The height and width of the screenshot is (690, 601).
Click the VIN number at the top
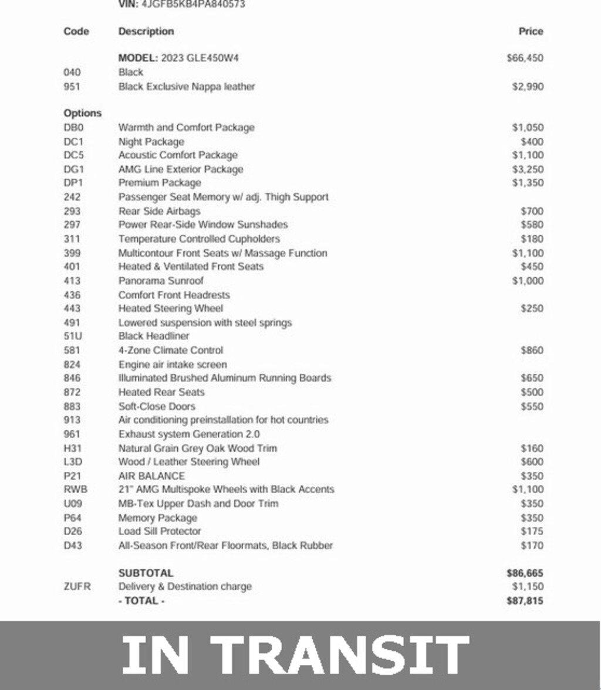[194, 4]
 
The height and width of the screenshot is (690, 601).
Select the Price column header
[531, 32]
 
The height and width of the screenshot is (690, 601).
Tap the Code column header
[76, 32]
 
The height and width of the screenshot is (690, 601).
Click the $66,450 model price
[525, 58]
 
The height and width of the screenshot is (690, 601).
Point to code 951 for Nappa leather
[72, 87]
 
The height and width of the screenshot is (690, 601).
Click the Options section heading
[82, 113]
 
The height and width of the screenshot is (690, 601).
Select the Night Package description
[151, 142]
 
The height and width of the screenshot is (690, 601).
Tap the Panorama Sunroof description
[161, 281]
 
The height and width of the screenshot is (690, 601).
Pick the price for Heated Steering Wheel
[532, 308]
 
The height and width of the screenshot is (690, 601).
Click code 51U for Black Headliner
[72, 336]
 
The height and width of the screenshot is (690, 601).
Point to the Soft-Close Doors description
[157, 406]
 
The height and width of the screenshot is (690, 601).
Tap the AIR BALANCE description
[151, 476]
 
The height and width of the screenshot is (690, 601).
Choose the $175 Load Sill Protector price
[532, 532]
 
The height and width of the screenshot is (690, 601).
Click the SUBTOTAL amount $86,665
[525, 573]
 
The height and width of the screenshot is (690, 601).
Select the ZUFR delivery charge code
[77, 587]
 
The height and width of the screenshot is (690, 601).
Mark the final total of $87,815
[525, 601]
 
